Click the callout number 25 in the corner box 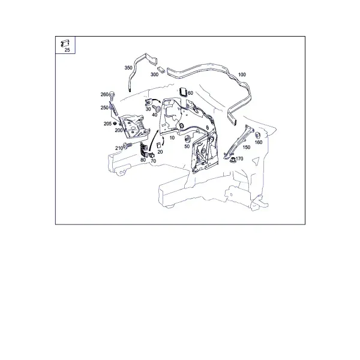click(67, 50)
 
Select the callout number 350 click(128, 68)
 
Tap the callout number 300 click(155, 74)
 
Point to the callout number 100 click(242, 74)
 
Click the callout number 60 click(190, 93)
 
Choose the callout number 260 click(104, 94)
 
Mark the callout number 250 click(104, 107)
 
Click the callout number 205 click(107, 124)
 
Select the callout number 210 click(119, 148)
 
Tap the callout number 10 click(172, 138)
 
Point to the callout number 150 click(247, 147)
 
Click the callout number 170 click(239, 158)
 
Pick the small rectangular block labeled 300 click(161, 70)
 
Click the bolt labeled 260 click(112, 95)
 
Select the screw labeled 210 click(128, 145)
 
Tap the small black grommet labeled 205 click(115, 124)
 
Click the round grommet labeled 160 click(258, 135)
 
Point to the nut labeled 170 click(232, 159)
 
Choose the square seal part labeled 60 click(183, 91)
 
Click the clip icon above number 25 click(65, 43)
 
